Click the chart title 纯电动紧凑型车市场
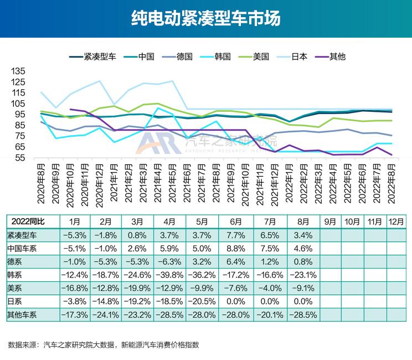(206, 19)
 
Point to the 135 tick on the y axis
(18, 71)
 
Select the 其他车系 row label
(23, 315)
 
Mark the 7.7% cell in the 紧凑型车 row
(236, 235)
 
